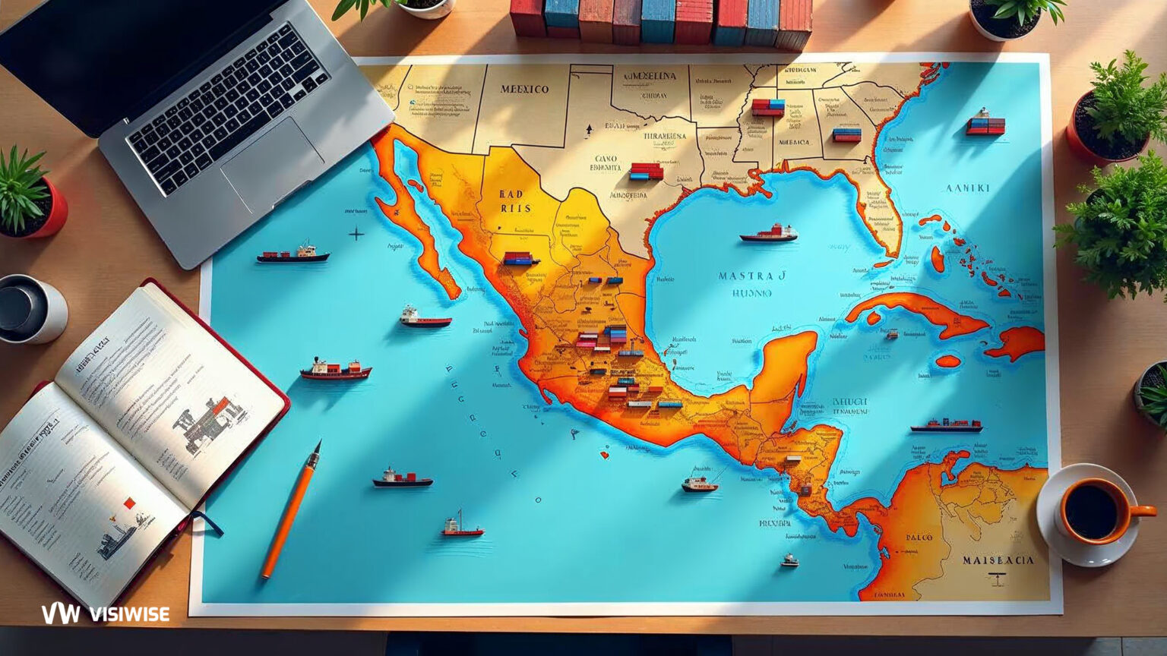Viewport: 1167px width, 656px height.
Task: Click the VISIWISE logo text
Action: [x=106, y=613]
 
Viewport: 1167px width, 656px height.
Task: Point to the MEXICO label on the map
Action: [x=524, y=89]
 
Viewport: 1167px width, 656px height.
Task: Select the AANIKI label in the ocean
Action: [x=967, y=188]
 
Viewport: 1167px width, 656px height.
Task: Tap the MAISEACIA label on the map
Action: [x=998, y=560]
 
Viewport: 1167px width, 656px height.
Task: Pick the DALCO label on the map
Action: [x=919, y=537]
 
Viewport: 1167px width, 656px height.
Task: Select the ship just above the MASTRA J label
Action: [x=769, y=233]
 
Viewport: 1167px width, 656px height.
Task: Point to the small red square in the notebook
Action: [x=128, y=502]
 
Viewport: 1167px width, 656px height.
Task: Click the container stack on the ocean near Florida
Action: [x=985, y=126]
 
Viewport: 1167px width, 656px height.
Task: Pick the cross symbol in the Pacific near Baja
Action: [x=356, y=234]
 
